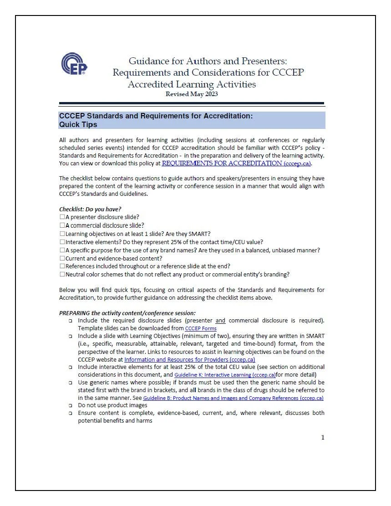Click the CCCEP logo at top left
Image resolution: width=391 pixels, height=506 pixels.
tap(74, 64)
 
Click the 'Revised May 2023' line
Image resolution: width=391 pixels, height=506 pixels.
tap(192, 94)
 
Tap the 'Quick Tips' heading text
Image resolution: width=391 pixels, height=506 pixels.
tap(78, 124)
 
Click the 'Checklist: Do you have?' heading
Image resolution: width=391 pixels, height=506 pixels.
tap(90, 209)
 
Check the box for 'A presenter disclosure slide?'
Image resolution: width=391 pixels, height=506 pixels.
tap(62, 217)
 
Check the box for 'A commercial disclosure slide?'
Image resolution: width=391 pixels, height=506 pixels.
tap(62, 225)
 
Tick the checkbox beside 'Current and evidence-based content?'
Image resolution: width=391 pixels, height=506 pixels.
tap(62, 258)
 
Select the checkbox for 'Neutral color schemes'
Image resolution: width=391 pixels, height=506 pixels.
tap(62, 275)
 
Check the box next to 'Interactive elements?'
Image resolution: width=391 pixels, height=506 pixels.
tap(62, 242)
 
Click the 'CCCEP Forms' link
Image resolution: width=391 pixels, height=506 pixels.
tap(201, 328)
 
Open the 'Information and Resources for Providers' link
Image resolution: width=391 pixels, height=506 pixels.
tap(189, 359)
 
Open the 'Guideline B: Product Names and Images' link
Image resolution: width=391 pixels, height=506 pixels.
tap(233, 398)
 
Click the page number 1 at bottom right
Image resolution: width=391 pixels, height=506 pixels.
tap(323, 438)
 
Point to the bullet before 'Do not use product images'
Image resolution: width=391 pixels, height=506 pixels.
tap(71, 405)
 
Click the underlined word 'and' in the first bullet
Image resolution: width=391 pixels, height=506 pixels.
tap(220, 320)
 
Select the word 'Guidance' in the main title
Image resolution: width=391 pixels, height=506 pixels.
tap(149, 61)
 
